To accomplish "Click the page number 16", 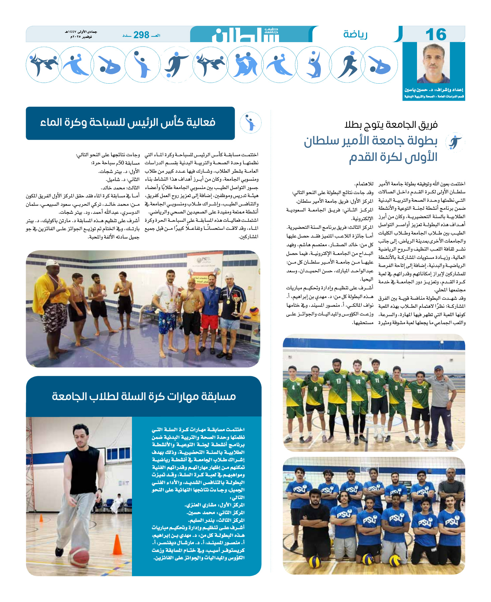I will pos(436,34).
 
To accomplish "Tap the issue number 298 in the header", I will pos(141,35).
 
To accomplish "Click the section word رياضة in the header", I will pos(355,34).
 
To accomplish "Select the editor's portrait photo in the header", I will pos(434,64).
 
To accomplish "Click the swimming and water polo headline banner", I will pos(130,123).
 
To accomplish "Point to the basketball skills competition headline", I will pos(144,396).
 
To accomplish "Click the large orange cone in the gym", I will pos(117,544).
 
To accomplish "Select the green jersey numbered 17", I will pos(338,385).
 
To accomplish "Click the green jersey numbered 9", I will pos(315,390).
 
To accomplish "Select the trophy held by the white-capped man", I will pos(236,303).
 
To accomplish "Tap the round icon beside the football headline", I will pos(455,142).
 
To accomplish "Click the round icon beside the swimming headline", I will pos(251,123).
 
